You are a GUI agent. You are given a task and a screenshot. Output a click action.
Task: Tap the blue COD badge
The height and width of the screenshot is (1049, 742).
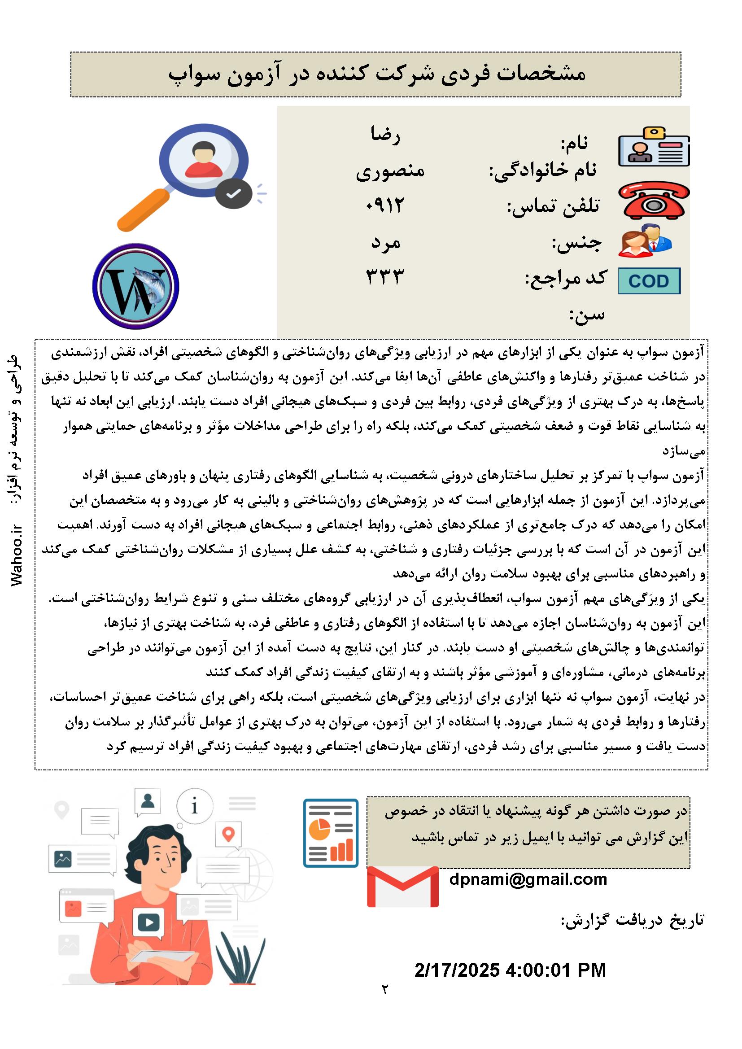(649, 280)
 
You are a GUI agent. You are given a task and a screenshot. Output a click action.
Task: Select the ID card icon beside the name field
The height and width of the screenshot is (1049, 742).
(654, 147)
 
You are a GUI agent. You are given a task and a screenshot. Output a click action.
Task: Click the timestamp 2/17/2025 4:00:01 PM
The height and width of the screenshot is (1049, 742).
(510, 970)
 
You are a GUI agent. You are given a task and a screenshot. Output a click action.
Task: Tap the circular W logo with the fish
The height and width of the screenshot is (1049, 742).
(135, 286)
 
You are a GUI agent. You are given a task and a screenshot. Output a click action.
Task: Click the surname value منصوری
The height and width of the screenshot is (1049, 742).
(390, 171)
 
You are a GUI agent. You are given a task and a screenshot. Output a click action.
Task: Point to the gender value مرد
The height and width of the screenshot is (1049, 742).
(386, 242)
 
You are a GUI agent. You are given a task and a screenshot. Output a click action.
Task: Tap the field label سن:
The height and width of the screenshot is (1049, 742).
(587, 315)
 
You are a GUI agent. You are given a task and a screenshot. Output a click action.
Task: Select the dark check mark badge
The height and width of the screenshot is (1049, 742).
(234, 194)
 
